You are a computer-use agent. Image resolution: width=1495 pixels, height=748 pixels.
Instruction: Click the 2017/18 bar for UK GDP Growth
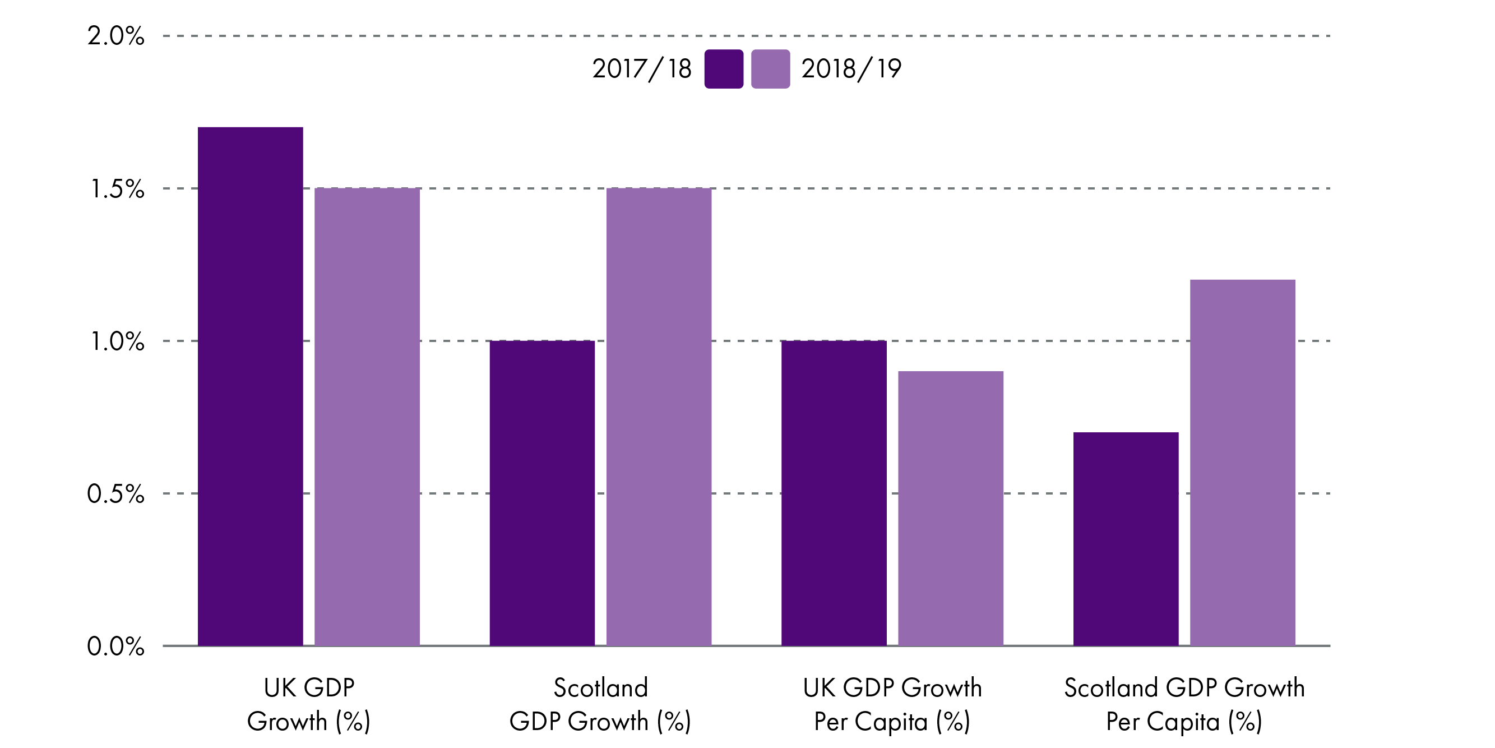coord(250,386)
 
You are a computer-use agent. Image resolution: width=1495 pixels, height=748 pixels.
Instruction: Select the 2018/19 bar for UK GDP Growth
coord(367,417)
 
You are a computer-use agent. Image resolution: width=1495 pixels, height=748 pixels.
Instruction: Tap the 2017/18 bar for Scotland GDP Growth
coord(542,493)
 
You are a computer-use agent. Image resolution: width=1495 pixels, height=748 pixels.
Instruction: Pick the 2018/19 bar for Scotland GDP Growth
coord(659,417)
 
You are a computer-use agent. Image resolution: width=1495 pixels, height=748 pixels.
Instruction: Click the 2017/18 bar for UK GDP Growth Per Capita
coord(834,493)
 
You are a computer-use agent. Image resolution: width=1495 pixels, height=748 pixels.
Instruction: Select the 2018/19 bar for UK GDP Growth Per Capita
coord(951,508)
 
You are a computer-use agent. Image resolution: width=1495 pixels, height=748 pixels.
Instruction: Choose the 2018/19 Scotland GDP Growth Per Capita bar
coord(1243,462)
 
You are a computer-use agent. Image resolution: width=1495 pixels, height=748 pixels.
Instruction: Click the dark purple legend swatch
coord(724,69)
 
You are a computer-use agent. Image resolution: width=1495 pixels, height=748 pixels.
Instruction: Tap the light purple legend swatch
coord(770,69)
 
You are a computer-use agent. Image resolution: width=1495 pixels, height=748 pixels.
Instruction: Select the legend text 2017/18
coord(641,69)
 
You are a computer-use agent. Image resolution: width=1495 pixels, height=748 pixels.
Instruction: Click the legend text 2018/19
coord(851,69)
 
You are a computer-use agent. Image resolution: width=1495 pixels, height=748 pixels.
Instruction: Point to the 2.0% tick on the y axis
coord(115,36)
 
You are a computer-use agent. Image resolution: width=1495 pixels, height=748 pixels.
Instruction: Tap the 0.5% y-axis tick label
coord(115,493)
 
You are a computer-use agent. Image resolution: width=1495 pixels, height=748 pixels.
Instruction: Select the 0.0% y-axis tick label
coord(115,647)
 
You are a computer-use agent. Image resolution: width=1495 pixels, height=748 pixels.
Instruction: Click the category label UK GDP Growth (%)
coord(309,704)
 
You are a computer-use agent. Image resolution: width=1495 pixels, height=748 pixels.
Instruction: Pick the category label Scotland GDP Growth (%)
coord(600,704)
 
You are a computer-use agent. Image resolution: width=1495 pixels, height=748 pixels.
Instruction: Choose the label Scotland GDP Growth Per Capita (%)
coord(1184,704)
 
